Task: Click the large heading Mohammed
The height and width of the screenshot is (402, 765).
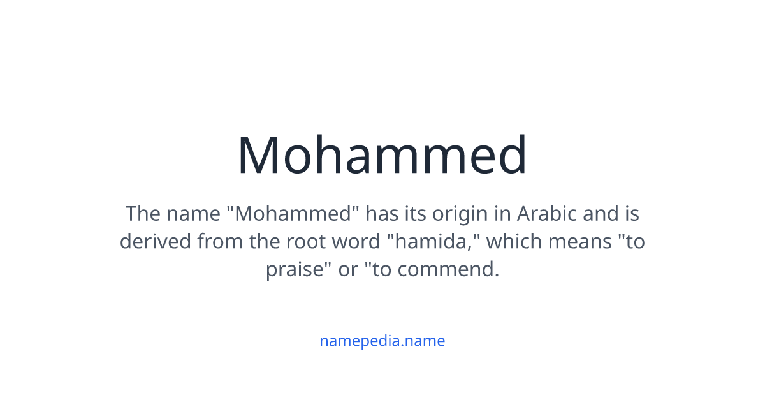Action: tap(382, 155)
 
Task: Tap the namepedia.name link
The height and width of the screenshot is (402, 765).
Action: tap(382, 341)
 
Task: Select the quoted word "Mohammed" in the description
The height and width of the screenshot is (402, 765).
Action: tap(294, 213)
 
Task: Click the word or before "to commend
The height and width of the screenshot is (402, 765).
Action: tap(348, 270)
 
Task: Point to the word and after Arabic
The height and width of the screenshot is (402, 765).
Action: tap(601, 213)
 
